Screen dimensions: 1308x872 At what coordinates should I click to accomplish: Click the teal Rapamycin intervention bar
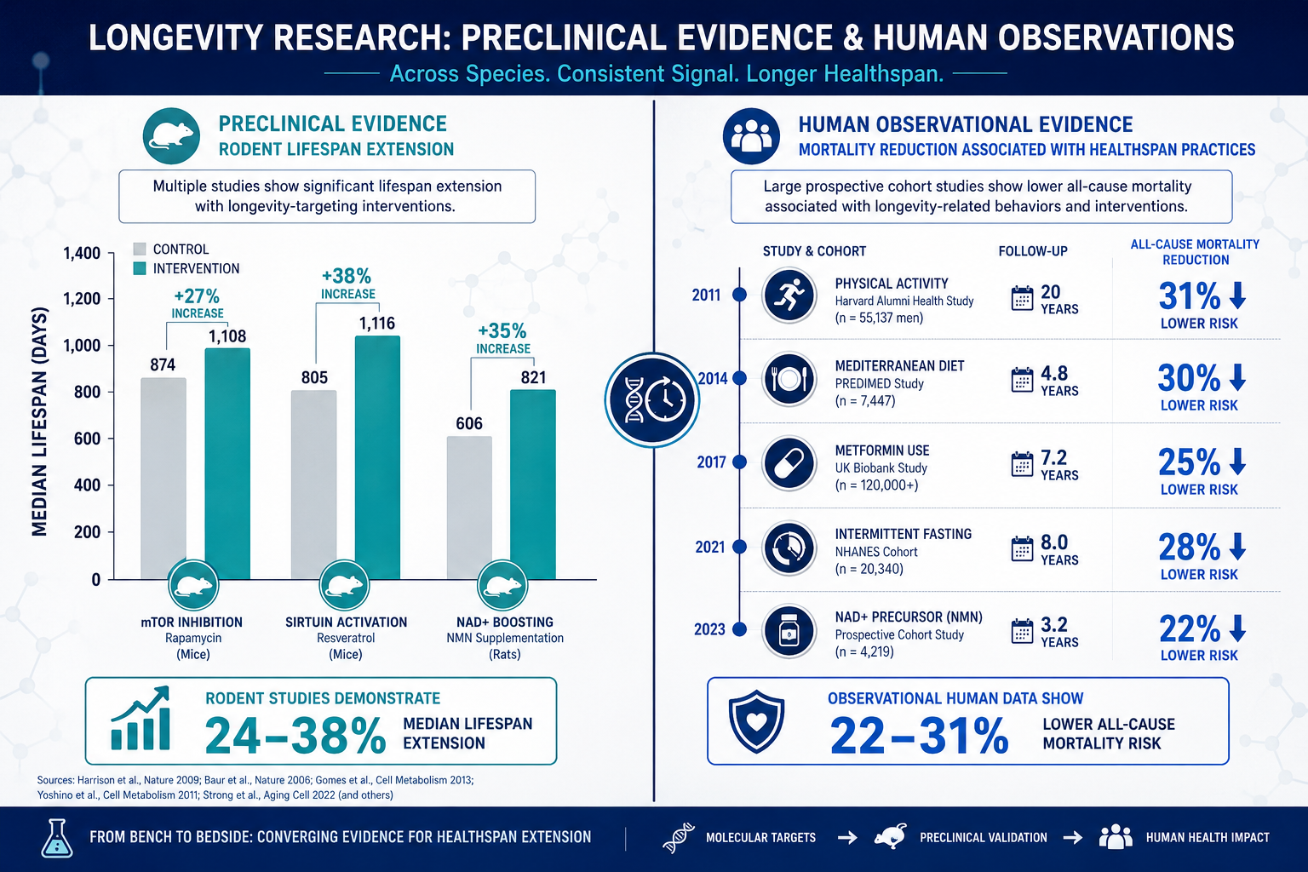tap(227, 463)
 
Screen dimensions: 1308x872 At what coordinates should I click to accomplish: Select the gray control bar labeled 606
tap(469, 508)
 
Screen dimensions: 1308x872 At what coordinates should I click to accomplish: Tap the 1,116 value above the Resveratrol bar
tap(376, 324)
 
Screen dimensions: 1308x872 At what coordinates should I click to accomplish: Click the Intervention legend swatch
tap(140, 268)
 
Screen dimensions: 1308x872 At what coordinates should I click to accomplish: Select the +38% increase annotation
tap(347, 284)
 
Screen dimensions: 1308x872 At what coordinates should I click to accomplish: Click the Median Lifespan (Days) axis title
tap(40, 422)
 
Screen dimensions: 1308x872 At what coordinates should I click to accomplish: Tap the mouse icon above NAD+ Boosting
tap(502, 585)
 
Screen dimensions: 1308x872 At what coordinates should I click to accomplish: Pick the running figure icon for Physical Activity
tap(789, 295)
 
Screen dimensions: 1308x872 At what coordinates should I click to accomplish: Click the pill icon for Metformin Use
tap(789, 463)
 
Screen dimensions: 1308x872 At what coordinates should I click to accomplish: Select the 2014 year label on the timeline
tap(713, 378)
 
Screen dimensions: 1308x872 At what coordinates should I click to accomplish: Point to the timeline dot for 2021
tap(740, 547)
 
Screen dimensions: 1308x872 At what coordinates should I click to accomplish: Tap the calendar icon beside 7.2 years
tap(1022, 464)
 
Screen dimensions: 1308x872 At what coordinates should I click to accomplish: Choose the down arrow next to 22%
tap(1237, 628)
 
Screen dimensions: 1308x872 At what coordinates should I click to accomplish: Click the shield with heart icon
tap(757, 721)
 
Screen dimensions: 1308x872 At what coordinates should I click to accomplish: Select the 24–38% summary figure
tap(295, 736)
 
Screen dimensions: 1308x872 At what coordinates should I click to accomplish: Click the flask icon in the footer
tap(57, 838)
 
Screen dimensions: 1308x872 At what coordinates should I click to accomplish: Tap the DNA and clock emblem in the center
tap(652, 400)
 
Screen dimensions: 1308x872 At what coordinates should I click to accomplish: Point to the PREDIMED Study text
tap(879, 384)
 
